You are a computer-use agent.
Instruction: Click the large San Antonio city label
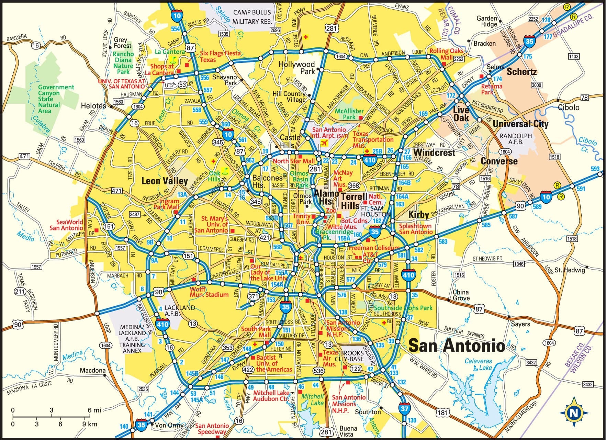coord(457,345)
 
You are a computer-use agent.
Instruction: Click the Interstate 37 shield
coord(404,408)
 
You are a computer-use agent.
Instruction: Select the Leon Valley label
coord(165,181)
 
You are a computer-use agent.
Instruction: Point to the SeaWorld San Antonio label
coord(66,225)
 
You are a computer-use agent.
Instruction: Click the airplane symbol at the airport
coord(324,143)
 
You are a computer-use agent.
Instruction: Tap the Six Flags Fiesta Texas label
coord(220,56)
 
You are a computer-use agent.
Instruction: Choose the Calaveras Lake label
coord(478,364)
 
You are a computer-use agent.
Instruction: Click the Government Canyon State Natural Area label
coord(56,99)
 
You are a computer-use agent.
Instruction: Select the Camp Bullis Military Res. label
coord(252,16)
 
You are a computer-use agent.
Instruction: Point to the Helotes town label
coord(93,106)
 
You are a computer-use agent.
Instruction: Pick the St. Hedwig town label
coord(569,270)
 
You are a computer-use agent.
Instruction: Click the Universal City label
coord(520,124)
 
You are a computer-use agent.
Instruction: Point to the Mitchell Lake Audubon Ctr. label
coord(271,396)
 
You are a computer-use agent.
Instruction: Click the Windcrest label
coord(434,152)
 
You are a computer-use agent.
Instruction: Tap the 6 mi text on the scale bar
coord(94,410)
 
